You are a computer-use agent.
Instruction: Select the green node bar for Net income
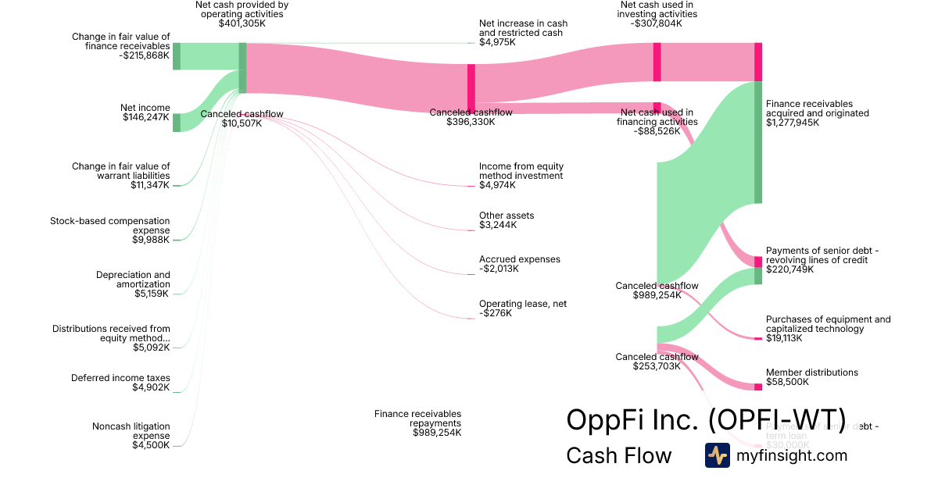177,123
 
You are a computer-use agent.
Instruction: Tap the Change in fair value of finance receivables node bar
177,56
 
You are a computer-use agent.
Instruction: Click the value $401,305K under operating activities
242,23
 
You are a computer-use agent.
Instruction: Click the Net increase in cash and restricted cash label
524,28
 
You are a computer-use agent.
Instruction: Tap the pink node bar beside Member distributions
758,387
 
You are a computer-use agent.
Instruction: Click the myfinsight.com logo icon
718,455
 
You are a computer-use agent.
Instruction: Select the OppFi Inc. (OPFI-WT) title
706,419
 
